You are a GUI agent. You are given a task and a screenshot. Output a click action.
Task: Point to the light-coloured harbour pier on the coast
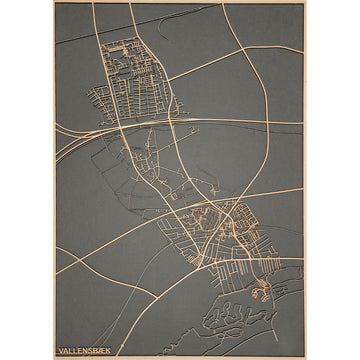click(x=268, y=291)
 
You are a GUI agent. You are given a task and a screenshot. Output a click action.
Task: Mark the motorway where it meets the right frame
click(x=302, y=124)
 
